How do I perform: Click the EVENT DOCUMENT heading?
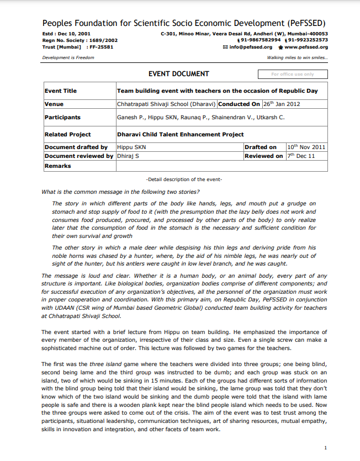click(x=179, y=74)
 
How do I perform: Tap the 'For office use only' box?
click(x=293, y=75)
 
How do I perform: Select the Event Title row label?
click(x=61, y=91)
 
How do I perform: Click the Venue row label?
click(x=54, y=104)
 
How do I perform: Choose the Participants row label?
click(x=62, y=117)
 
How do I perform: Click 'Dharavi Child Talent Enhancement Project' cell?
click(x=180, y=134)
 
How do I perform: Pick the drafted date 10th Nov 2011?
click(x=306, y=147)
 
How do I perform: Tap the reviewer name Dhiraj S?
click(x=128, y=156)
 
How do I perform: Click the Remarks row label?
click(x=58, y=166)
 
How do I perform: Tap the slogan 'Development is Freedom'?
click(x=68, y=57)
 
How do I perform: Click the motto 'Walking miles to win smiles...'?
click(x=297, y=57)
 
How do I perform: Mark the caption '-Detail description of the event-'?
click(x=184, y=179)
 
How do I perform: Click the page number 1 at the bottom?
click(x=325, y=448)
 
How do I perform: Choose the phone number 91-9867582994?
click(x=260, y=40)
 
